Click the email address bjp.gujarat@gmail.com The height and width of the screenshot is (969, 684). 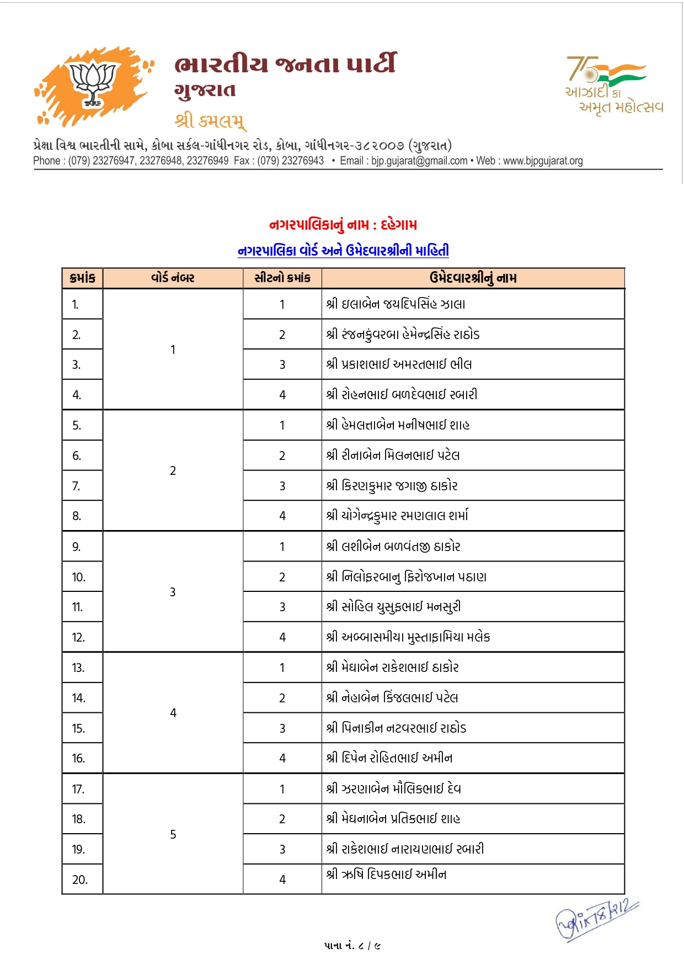point(419,161)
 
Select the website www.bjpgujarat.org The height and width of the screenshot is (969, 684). point(543,161)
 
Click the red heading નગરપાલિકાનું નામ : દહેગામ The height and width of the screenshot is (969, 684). point(343,225)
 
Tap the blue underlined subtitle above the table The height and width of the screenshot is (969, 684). point(343,251)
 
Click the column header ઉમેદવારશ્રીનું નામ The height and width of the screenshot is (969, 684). point(473,278)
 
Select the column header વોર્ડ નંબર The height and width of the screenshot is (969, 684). point(173,278)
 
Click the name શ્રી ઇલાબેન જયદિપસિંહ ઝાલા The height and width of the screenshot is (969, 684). point(396,304)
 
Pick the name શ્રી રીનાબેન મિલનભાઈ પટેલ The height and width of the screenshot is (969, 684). point(393,456)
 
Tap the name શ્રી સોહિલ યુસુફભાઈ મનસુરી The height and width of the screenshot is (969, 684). point(393,607)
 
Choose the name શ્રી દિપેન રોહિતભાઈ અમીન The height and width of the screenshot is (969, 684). point(389,758)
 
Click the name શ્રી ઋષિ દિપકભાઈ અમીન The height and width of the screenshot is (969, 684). point(386,875)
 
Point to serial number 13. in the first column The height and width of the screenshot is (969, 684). point(78,668)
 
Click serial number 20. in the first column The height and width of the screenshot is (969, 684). point(80,880)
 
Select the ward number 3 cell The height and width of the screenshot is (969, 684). point(173,592)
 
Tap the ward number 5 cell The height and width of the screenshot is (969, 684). point(173,834)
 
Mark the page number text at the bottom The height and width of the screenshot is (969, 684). point(352,946)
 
